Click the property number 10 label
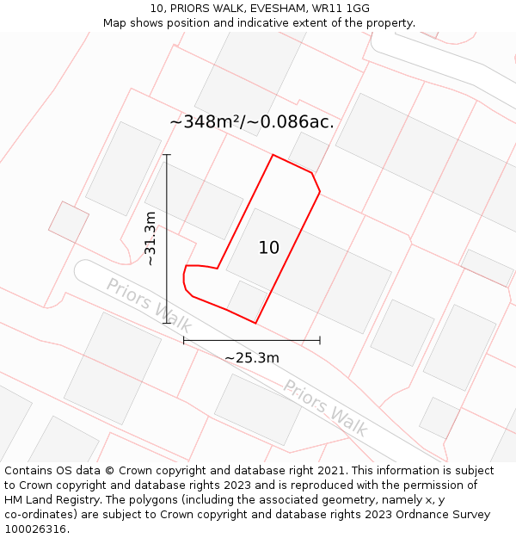point(269,248)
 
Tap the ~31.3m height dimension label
point(150,238)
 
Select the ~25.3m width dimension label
point(252,358)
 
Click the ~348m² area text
point(206,122)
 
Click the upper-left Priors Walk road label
point(148,305)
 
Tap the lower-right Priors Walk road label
point(325,407)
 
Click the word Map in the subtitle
point(116,23)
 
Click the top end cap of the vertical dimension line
point(167,155)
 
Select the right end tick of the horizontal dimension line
point(320,340)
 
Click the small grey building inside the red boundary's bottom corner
point(248,298)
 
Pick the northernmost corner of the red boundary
point(273,155)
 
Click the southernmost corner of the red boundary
point(255,323)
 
